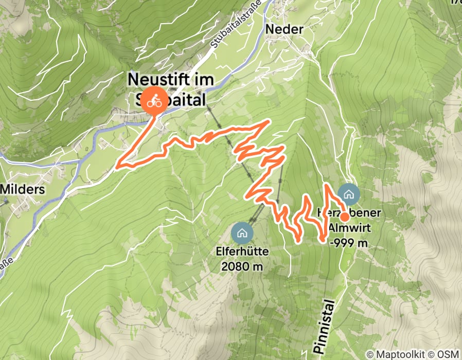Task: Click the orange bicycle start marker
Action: [154, 101]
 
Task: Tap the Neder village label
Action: [284, 30]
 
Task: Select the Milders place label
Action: [22, 189]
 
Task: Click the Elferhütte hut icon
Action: [242, 233]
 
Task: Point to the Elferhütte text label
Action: [241, 253]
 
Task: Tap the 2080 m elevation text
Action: [241, 266]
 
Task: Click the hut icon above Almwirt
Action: [349, 194]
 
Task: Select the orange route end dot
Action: [345, 217]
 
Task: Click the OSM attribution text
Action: [448, 355]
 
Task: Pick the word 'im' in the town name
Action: [204, 80]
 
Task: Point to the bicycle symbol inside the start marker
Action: [154, 102]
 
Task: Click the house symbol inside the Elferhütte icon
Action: [242, 233]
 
